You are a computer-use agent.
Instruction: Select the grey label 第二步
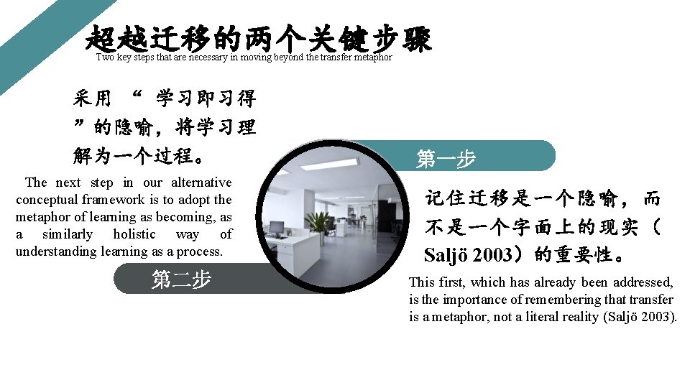[x=181, y=279]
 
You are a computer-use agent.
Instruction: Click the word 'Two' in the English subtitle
[x=105, y=57]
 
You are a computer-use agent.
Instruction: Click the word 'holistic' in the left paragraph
[x=134, y=234]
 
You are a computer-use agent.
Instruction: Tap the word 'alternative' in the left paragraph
[x=202, y=183]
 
